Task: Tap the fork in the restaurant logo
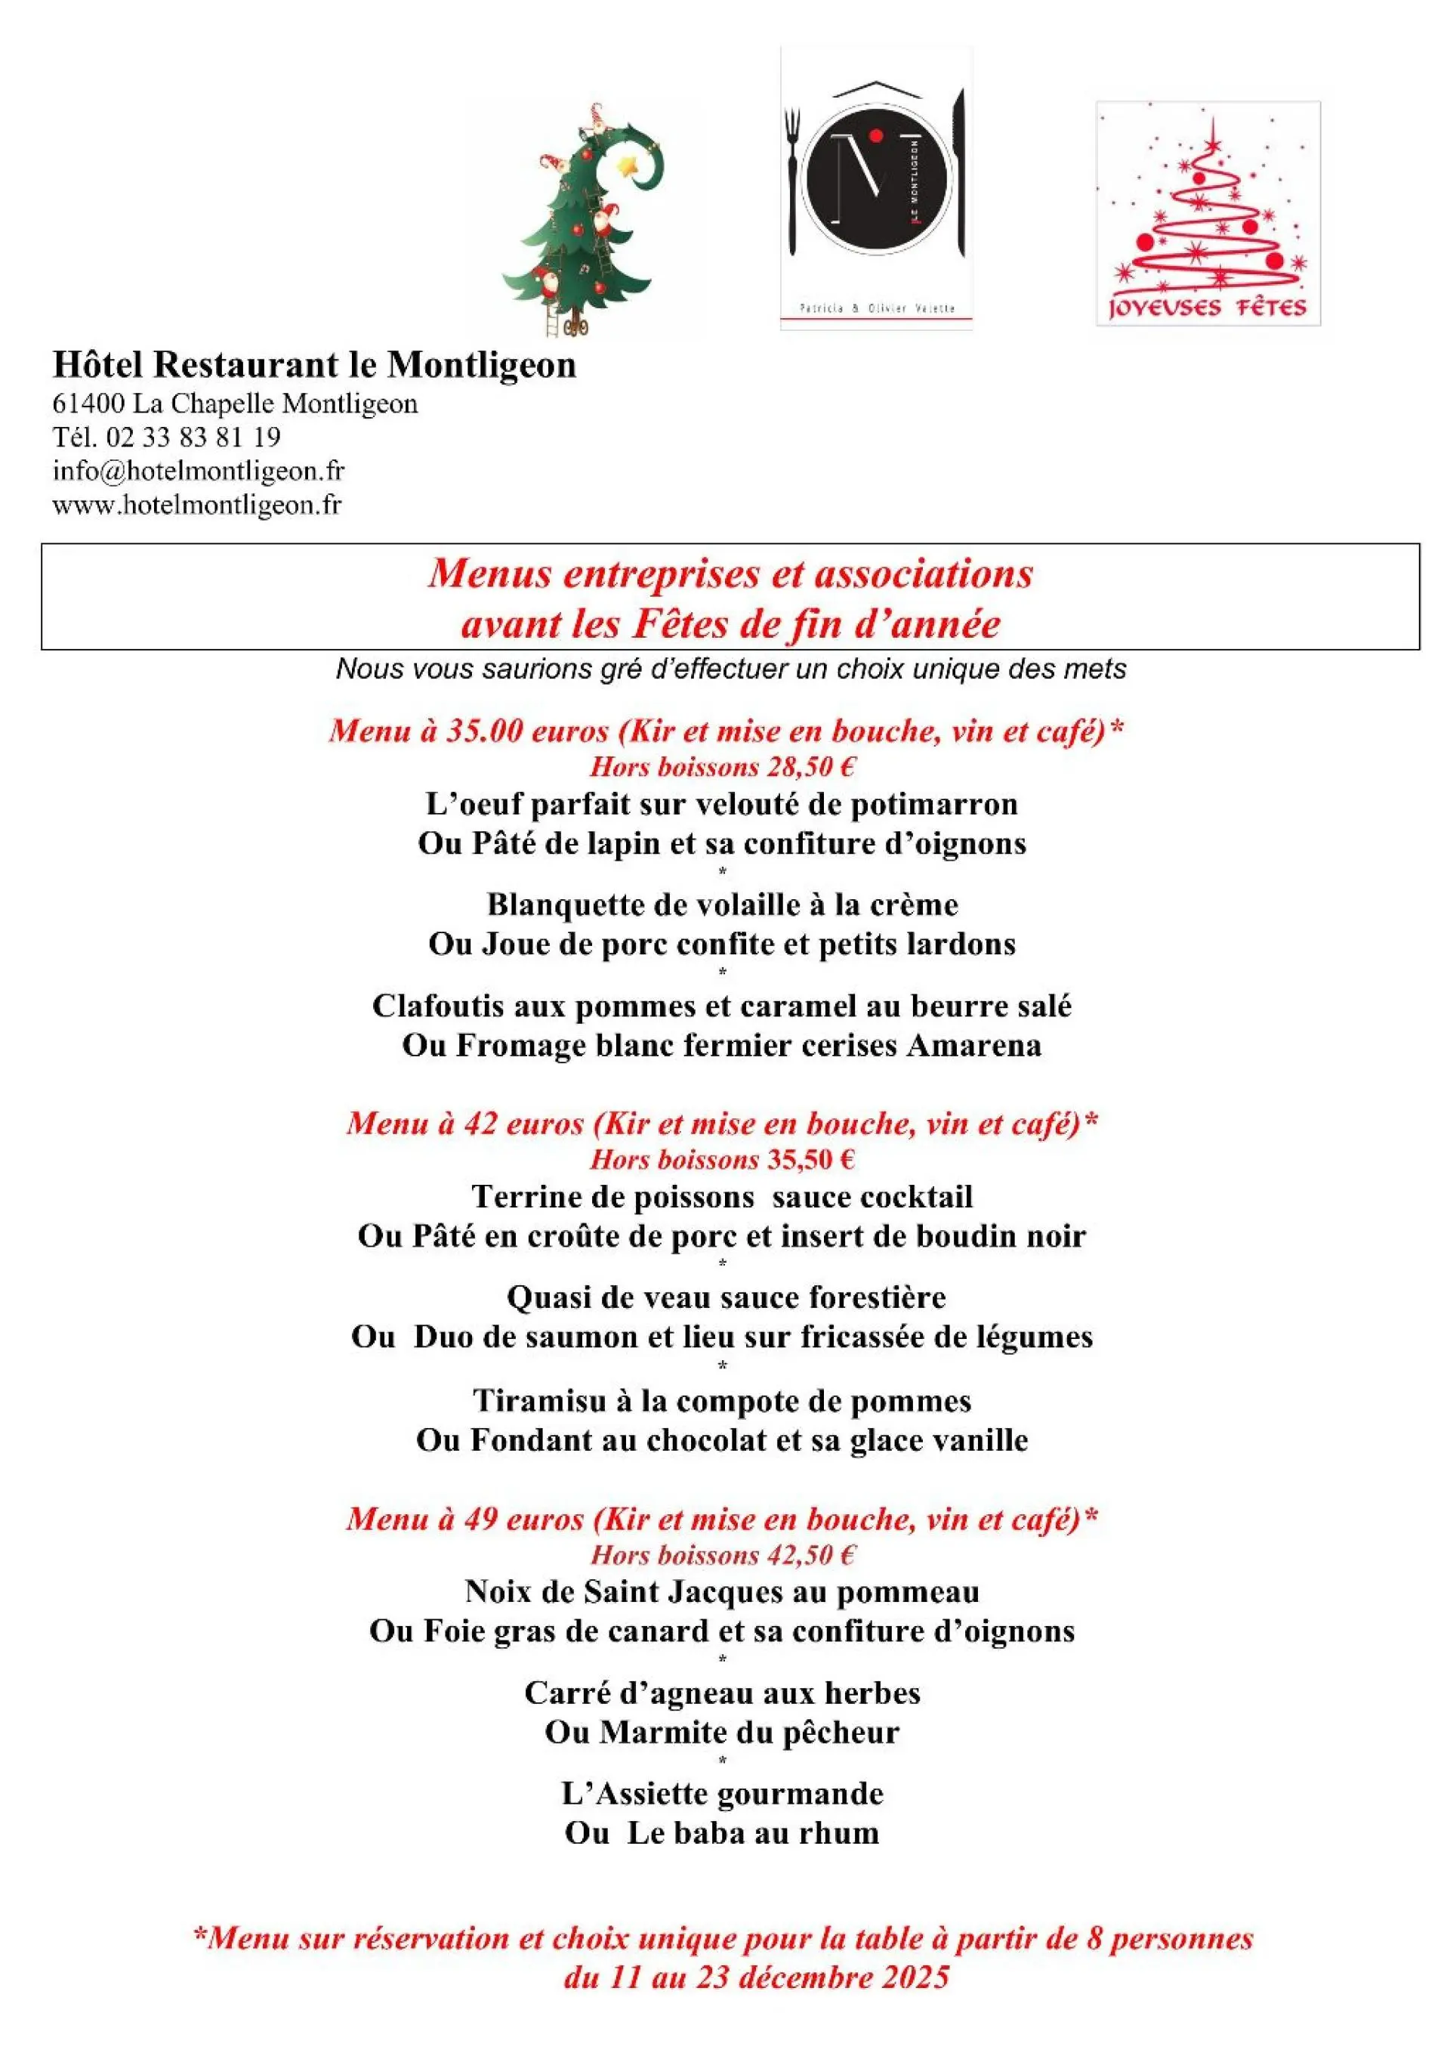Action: (x=792, y=179)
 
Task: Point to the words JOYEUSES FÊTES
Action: (x=1207, y=308)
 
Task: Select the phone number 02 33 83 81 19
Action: (x=193, y=437)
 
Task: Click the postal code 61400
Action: (x=88, y=404)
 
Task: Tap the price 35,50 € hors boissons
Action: (x=810, y=1160)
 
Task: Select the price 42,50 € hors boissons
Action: (x=810, y=1554)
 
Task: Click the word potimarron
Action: (x=933, y=805)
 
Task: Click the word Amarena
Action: (x=973, y=1045)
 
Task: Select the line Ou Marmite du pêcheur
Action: (x=722, y=1732)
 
